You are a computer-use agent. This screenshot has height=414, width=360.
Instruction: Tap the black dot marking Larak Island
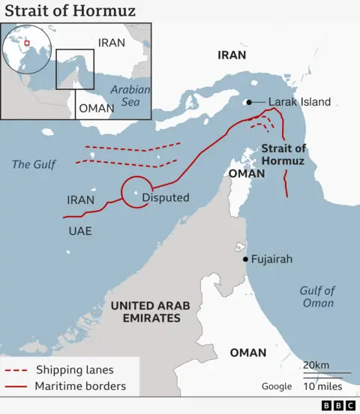coord(248,102)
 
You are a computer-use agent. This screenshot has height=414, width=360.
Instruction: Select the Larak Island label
coord(299,102)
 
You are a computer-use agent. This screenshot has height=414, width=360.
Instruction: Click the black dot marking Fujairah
coord(245,259)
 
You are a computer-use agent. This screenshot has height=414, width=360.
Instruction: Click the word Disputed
coord(165,198)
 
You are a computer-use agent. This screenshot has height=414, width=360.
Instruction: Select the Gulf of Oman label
coord(317,297)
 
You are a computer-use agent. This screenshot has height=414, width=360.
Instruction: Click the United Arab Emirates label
coord(150,311)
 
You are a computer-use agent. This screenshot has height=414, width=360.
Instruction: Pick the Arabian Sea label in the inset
coord(130,94)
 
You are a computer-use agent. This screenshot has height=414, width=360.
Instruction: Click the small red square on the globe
coord(27,43)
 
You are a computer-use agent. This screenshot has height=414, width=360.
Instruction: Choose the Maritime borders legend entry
coord(80,387)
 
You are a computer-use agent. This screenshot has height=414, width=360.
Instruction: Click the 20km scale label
coord(315,364)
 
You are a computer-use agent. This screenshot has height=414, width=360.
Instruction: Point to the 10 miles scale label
coord(322,386)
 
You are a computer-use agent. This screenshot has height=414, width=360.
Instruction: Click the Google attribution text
coord(276,386)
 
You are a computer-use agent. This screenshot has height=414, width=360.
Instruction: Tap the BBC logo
coord(338,406)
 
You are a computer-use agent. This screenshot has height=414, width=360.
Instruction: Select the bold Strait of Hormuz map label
coord(283,154)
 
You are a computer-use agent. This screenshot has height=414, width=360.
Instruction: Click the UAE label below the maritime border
coord(79,230)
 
